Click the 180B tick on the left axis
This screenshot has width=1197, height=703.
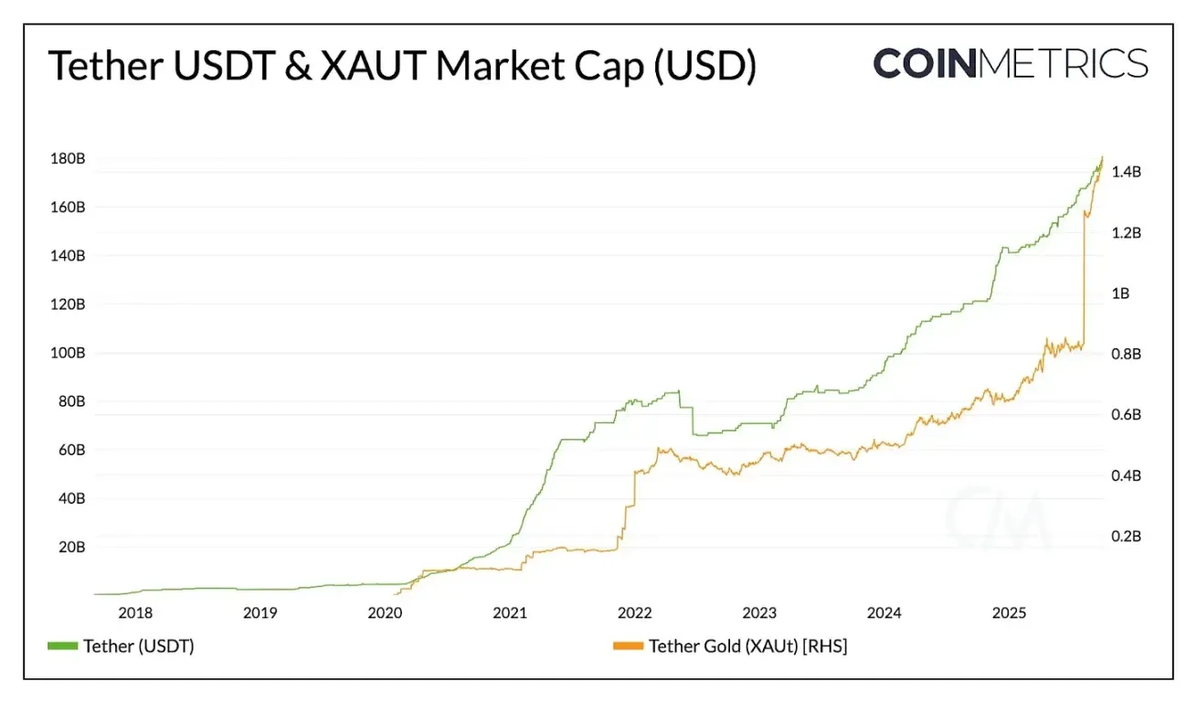(68, 159)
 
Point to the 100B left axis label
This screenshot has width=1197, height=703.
(68, 353)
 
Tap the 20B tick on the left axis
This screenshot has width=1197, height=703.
(71, 548)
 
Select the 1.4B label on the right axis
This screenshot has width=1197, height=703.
(1127, 172)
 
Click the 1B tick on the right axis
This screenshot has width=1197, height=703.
(1119, 293)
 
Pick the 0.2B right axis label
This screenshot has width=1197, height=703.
(1127, 537)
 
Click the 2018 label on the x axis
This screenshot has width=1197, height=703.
(135, 613)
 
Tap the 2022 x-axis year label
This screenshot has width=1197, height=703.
(634, 613)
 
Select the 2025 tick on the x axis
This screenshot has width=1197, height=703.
(1010, 613)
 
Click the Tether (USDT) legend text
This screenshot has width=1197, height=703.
(139, 646)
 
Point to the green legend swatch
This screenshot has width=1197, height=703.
(62, 646)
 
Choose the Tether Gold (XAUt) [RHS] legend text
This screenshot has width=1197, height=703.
(748, 646)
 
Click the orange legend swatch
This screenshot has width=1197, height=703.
(628, 646)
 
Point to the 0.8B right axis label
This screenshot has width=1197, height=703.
(1127, 354)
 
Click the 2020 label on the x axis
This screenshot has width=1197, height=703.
(385, 613)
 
